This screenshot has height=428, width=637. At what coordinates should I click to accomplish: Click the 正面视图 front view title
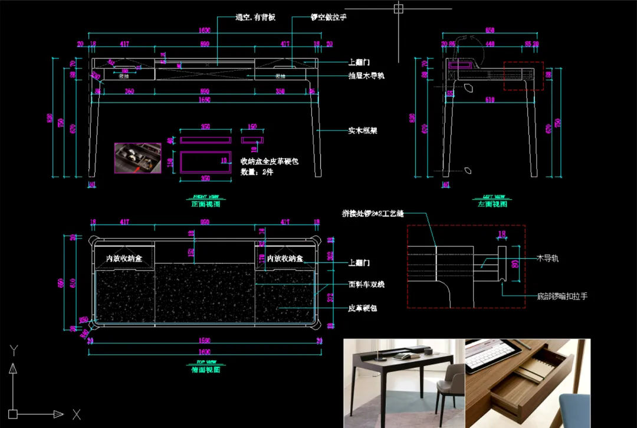click(x=205, y=204)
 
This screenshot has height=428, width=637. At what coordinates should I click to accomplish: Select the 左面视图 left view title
click(x=492, y=204)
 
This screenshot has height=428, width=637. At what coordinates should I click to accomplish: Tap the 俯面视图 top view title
click(x=205, y=370)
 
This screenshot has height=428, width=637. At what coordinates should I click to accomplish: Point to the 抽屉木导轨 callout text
click(x=366, y=76)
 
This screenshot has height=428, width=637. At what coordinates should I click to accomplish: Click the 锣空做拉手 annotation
click(x=329, y=18)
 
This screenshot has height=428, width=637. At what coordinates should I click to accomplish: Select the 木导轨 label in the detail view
click(x=548, y=258)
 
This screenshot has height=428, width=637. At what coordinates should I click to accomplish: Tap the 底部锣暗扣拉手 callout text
click(x=562, y=296)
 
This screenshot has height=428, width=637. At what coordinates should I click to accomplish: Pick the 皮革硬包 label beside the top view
click(x=363, y=308)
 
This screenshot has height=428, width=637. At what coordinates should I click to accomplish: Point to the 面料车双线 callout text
click(x=366, y=285)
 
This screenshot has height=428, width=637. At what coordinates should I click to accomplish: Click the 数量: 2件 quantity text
click(x=257, y=172)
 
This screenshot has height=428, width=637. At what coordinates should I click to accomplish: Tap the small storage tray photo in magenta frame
click(x=137, y=157)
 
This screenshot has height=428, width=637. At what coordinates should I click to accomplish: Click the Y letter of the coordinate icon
click(x=14, y=351)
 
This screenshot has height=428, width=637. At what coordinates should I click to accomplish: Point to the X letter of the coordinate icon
click(x=76, y=414)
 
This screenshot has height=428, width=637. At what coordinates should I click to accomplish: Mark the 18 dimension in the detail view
click(x=502, y=235)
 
